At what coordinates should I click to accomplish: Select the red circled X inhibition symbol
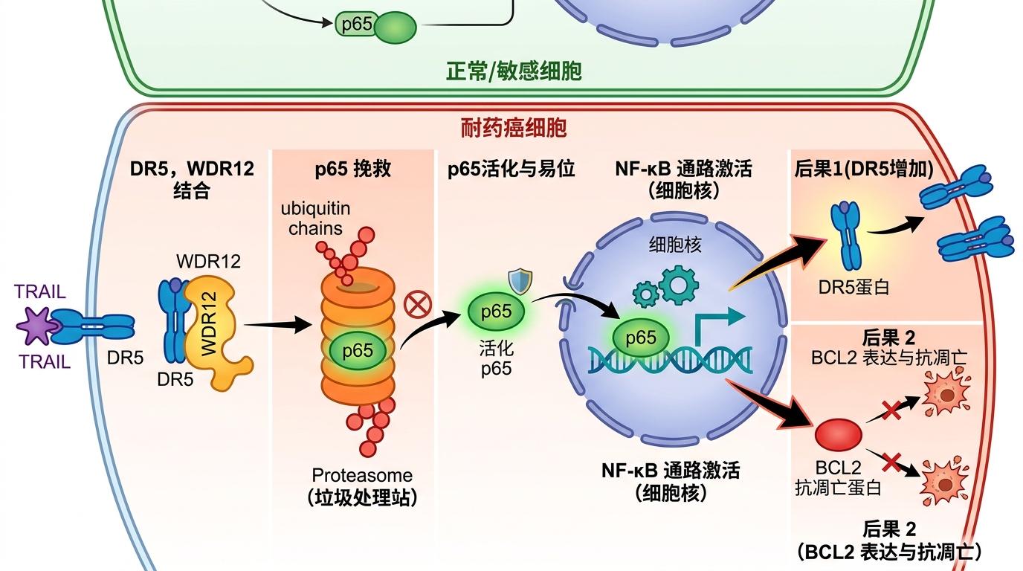pos(417,303)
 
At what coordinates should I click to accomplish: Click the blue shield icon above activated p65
pos(519,281)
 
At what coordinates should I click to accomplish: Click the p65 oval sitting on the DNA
pos(640,338)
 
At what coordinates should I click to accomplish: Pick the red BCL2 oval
pos(839,433)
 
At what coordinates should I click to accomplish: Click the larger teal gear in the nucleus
pos(678,283)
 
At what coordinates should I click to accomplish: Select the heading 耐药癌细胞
pos(514,128)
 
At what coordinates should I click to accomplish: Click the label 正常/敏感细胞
pos(514,71)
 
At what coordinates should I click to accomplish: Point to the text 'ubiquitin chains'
pos(316,218)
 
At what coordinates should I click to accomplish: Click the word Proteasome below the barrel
pos(362,475)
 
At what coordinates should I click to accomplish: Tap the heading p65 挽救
pos(353,169)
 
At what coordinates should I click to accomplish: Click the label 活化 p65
pos(496,358)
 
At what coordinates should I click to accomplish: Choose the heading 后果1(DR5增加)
pos(862,169)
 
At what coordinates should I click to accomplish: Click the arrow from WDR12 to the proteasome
pos(278,325)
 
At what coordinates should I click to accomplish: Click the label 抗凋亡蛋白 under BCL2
pos(838,488)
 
